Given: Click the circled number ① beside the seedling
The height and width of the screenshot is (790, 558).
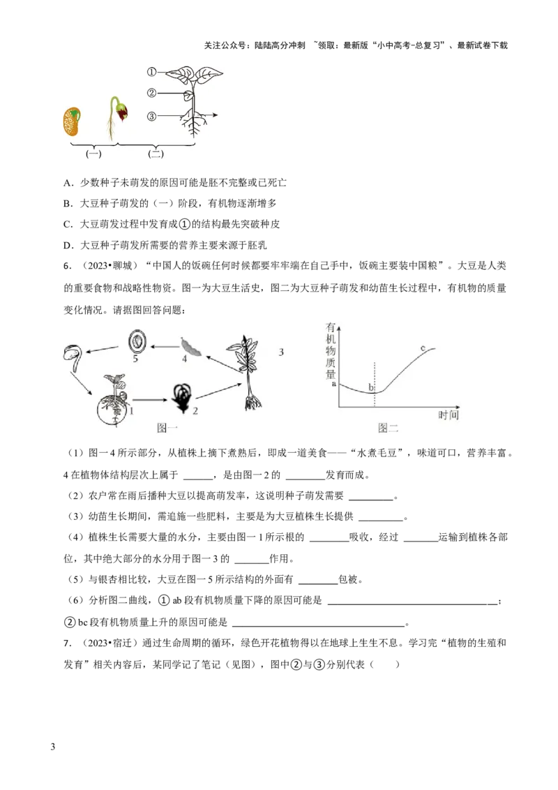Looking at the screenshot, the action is (151, 72).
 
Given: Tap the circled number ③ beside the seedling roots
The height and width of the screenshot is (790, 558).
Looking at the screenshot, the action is (151, 117).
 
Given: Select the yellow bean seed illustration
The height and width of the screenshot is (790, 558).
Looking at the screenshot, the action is (72, 121).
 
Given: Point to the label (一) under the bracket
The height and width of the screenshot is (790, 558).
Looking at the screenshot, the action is (93, 154).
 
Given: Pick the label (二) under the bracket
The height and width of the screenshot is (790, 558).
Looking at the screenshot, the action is (156, 154).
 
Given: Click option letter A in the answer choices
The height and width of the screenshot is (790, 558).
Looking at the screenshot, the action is (68, 183).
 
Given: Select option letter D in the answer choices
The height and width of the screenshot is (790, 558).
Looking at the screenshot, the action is (68, 246).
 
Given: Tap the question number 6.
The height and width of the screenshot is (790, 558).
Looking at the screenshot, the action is (68, 266).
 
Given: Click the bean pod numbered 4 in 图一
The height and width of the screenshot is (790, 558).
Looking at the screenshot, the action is (190, 347).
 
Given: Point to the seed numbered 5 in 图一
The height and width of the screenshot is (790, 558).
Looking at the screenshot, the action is (137, 341).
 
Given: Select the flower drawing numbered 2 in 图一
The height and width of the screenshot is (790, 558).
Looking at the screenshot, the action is (181, 399).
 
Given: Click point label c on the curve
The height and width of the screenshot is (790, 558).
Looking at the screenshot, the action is (423, 348).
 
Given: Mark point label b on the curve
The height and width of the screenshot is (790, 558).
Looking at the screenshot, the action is (371, 387).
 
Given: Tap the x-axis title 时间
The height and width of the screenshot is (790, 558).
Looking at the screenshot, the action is (448, 415).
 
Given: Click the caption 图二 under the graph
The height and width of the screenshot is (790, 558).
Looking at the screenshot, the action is (389, 428).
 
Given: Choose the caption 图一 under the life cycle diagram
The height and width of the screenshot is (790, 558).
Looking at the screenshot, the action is (167, 428).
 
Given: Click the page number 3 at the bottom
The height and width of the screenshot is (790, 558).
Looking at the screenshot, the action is (53, 747).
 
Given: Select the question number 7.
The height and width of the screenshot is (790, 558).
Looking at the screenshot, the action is (68, 643).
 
